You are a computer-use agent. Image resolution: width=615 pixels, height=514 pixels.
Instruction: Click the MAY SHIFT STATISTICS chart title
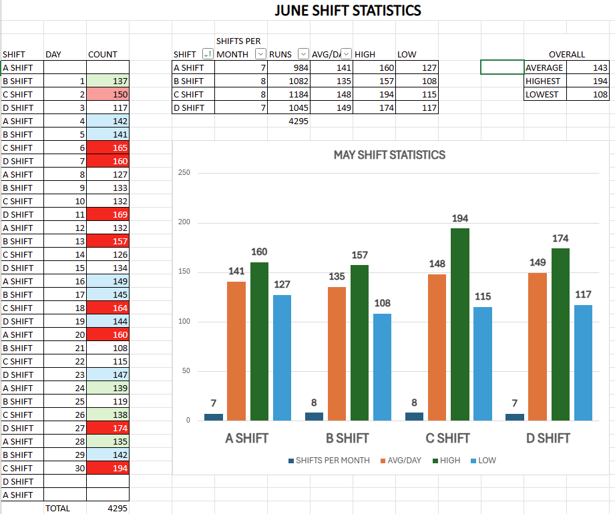389,155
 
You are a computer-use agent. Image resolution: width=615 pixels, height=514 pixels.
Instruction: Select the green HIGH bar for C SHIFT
460,324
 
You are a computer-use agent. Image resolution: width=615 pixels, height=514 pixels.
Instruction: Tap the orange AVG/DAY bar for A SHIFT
236,351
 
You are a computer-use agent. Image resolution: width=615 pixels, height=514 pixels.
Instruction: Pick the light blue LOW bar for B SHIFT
382,367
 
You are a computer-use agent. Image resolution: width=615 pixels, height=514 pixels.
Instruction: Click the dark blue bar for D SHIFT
515,417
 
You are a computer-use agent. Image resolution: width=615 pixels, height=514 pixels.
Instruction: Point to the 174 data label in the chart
561,238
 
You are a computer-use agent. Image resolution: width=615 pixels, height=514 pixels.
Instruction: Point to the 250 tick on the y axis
184,173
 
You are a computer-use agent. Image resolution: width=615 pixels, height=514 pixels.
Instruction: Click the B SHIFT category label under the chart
347,439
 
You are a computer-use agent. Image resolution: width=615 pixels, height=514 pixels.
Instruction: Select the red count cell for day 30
108,468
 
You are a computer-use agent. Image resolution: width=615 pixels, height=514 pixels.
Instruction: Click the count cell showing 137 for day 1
108,81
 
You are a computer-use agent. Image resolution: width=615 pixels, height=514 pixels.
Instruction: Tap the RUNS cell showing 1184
289,94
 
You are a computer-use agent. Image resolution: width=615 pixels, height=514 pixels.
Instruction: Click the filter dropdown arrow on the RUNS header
303,54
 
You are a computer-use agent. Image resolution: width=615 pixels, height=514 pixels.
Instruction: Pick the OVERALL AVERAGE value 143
588,67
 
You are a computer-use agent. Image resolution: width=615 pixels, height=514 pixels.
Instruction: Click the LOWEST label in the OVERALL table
542,94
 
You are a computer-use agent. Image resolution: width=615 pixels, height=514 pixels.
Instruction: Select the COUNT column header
103,54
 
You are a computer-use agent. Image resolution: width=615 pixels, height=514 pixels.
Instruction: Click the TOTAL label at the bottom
57,508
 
